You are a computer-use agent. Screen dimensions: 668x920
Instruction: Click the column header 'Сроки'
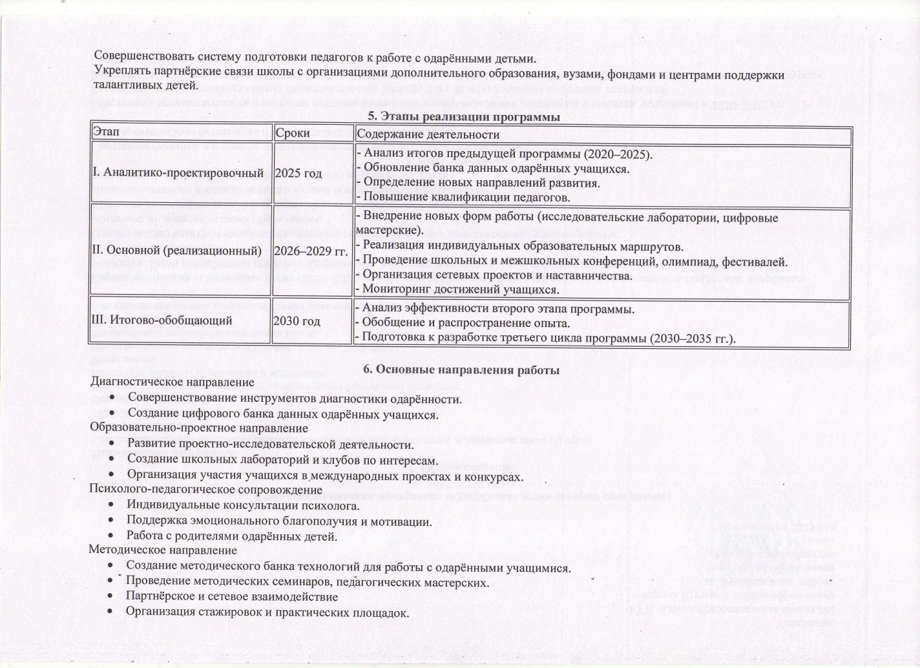click(x=292, y=134)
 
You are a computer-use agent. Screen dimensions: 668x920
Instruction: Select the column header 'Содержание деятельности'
click(x=428, y=134)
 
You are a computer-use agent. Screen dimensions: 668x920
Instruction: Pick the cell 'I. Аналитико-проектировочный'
click(x=177, y=173)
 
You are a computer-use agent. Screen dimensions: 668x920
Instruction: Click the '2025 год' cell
click(x=298, y=173)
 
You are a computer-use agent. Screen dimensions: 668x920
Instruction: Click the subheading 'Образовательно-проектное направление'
click(x=198, y=428)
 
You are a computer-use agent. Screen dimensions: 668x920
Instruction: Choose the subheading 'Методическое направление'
click(x=163, y=550)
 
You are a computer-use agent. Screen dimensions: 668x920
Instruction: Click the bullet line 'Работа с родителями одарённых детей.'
click(x=232, y=536)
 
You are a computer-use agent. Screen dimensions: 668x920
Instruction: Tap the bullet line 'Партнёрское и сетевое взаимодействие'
click(x=232, y=596)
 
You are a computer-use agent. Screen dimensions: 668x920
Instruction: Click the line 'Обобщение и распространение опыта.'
click(x=463, y=323)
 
